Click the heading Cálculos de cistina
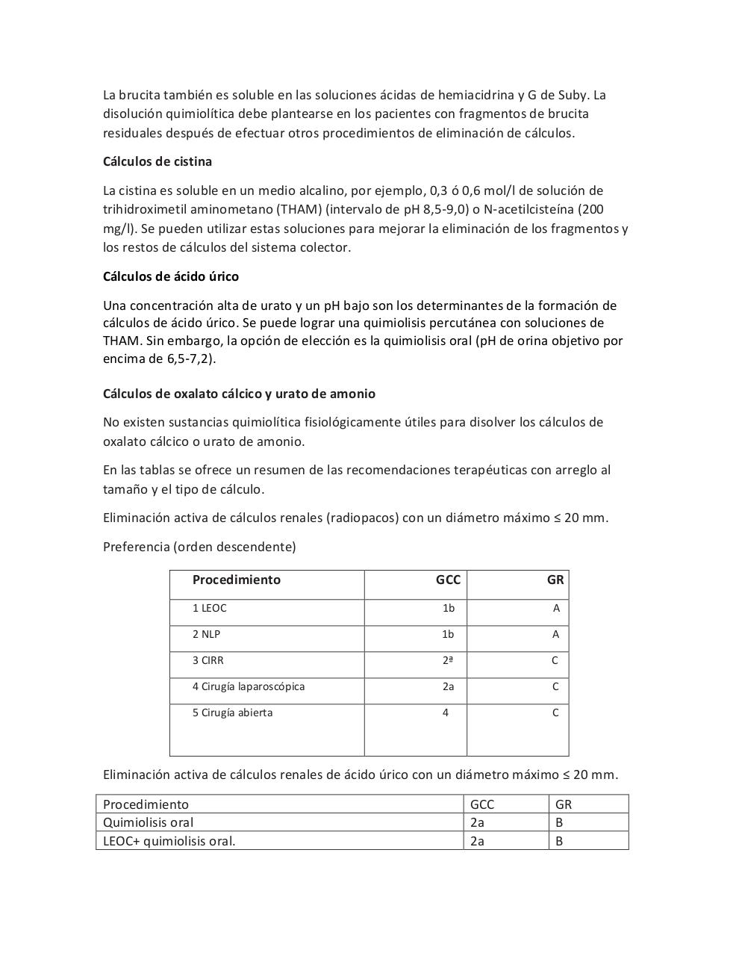point(157,161)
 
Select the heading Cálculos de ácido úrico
point(170,276)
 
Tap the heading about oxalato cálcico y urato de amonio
point(239,394)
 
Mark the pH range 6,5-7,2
point(190,358)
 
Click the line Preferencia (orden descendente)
point(199,547)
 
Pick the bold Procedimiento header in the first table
point(236,580)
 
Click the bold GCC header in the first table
point(448,580)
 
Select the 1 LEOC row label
point(209,608)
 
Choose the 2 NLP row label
point(206,634)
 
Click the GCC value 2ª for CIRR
point(448,660)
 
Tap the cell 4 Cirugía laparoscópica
point(248,686)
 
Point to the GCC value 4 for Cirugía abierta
point(446,713)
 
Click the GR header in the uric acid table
point(564,804)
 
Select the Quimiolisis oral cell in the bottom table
point(148,822)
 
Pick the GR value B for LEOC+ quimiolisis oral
point(559,841)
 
